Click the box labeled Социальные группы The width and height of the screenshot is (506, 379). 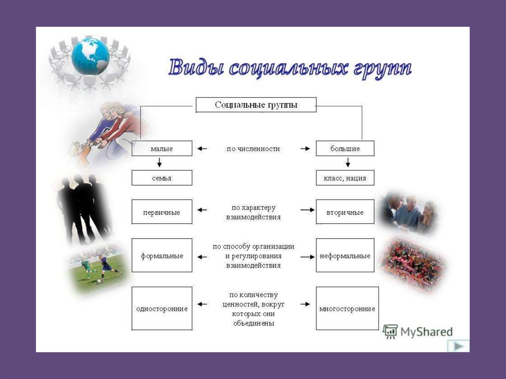pos(256,105)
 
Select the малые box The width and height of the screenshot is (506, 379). pos(162,148)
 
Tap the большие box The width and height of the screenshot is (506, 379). pos(345,148)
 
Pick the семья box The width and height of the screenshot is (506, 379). pos(162,178)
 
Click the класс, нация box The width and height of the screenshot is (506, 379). pos(345,178)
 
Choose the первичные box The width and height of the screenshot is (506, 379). pos(162,212)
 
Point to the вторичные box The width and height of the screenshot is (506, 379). pos(345,212)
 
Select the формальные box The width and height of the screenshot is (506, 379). pos(162,255)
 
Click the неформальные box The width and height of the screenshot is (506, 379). pos(345,255)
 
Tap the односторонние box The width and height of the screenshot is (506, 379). pos(162,308)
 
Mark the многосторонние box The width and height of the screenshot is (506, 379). pos(347,308)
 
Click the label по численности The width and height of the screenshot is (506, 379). pos(253,148)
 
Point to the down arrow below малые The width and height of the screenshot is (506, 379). pos(159,162)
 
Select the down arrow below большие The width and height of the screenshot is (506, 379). pos(348,162)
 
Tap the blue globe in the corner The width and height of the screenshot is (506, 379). pos(89,56)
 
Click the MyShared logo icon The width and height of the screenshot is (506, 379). pos(390,332)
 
